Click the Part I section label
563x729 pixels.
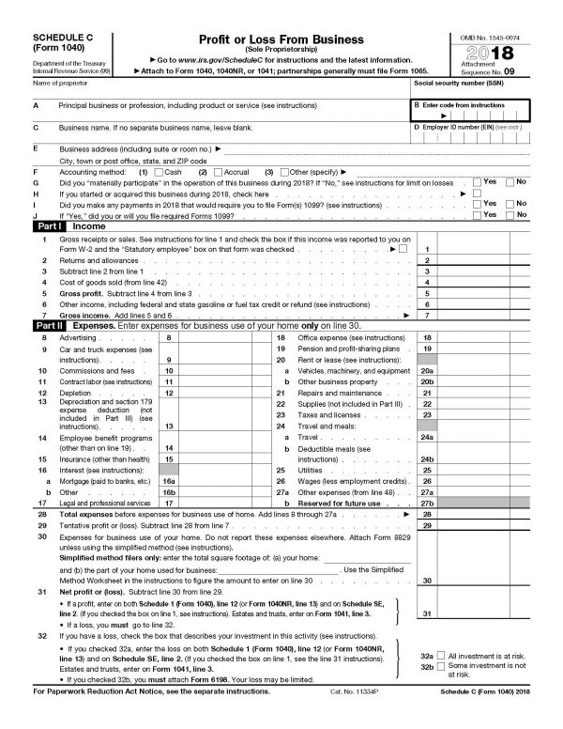point(48,227)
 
